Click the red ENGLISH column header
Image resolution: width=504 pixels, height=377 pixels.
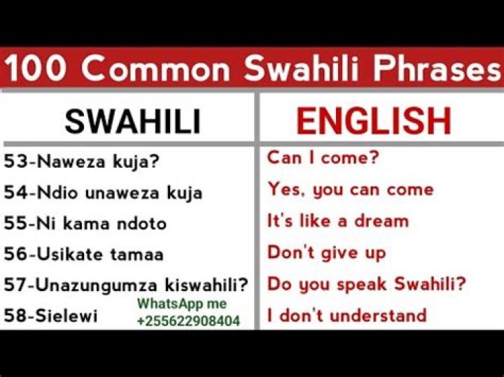(x=373, y=121)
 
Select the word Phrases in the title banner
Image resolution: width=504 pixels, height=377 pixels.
(x=430, y=70)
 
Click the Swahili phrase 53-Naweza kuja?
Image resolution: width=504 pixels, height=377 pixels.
(x=82, y=162)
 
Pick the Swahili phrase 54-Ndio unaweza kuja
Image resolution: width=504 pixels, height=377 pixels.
(x=103, y=192)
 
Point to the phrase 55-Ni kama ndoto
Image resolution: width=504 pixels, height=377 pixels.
(x=85, y=223)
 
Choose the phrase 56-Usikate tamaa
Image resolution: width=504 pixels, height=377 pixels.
(x=84, y=254)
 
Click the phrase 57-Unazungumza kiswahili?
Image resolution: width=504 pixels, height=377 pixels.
(x=127, y=285)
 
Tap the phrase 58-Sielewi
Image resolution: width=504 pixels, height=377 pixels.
(x=51, y=315)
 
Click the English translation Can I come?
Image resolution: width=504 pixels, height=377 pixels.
(x=323, y=158)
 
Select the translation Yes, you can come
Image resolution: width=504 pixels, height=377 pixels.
(x=350, y=190)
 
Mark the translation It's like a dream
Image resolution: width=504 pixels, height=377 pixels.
(x=337, y=221)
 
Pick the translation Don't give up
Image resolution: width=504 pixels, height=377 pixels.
(x=326, y=252)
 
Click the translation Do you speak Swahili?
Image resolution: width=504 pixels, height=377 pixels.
(x=367, y=284)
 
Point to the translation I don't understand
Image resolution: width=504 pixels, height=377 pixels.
(x=347, y=315)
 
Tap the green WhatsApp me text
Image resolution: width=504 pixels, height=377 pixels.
(x=182, y=304)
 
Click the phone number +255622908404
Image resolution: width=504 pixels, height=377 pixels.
(x=188, y=321)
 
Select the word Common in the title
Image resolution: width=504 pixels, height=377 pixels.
(x=160, y=70)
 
